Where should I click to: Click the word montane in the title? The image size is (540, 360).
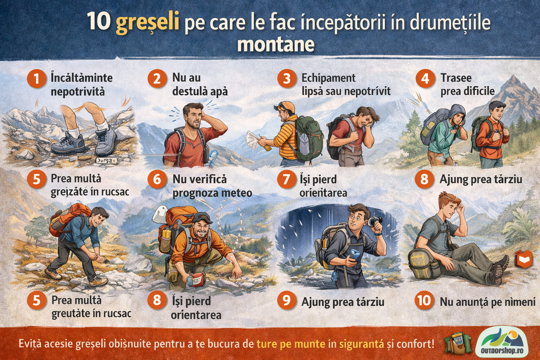pos(276,45)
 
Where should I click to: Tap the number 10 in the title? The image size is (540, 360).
pos(99,22)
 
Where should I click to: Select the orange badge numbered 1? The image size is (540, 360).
pos(36,79)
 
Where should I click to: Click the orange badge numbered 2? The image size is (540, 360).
pos(158,79)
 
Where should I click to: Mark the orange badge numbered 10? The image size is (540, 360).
pos(423,300)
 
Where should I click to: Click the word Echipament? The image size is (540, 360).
pos(328,78)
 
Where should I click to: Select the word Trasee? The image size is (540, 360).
pos(457,78)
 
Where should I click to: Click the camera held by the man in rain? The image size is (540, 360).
pos(375,222)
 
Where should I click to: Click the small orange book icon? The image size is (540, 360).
pos(524,259)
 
